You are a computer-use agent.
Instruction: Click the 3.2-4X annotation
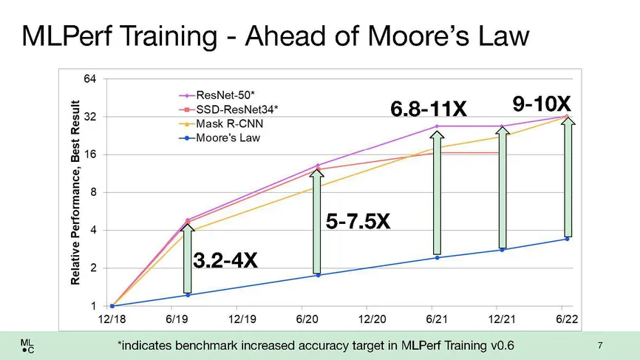click(x=225, y=260)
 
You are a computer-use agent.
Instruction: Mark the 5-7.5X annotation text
click(x=358, y=221)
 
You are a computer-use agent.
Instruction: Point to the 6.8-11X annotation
click(x=429, y=109)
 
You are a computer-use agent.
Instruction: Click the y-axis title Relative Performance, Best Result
click(x=75, y=191)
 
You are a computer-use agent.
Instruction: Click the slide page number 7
click(x=600, y=344)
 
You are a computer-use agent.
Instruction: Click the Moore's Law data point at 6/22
click(x=566, y=239)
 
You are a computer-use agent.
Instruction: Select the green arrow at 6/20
click(x=317, y=222)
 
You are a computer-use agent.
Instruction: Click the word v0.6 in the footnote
click(x=498, y=345)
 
